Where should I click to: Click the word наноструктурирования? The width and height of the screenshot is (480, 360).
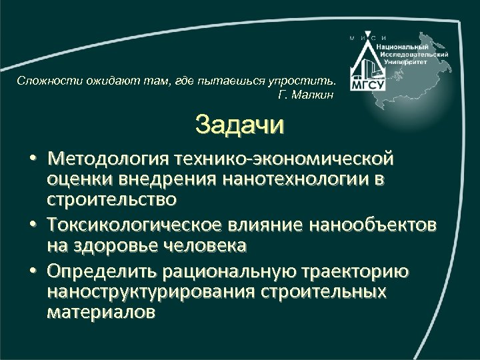pyautogui.click(x=161, y=292)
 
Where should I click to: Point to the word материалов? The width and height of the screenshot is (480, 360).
pyautogui.click(x=100, y=311)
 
